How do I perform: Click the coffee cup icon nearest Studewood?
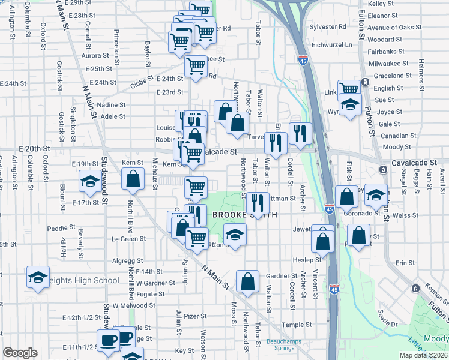pyautogui.click(x=109, y=340)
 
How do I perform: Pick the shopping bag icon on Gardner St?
pyautogui.click(x=247, y=280)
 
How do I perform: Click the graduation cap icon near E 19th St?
pyautogui.click(x=89, y=181)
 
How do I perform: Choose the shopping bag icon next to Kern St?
pyautogui.click(x=133, y=178)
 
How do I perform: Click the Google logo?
pyautogui.click(x=20, y=353)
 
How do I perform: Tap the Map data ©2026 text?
pyautogui.click(x=423, y=355)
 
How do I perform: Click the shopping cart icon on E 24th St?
pyautogui.click(x=196, y=67)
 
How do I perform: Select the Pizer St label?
pyautogui.click(x=196, y=316)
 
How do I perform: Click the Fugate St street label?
pyautogui.click(x=150, y=294)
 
